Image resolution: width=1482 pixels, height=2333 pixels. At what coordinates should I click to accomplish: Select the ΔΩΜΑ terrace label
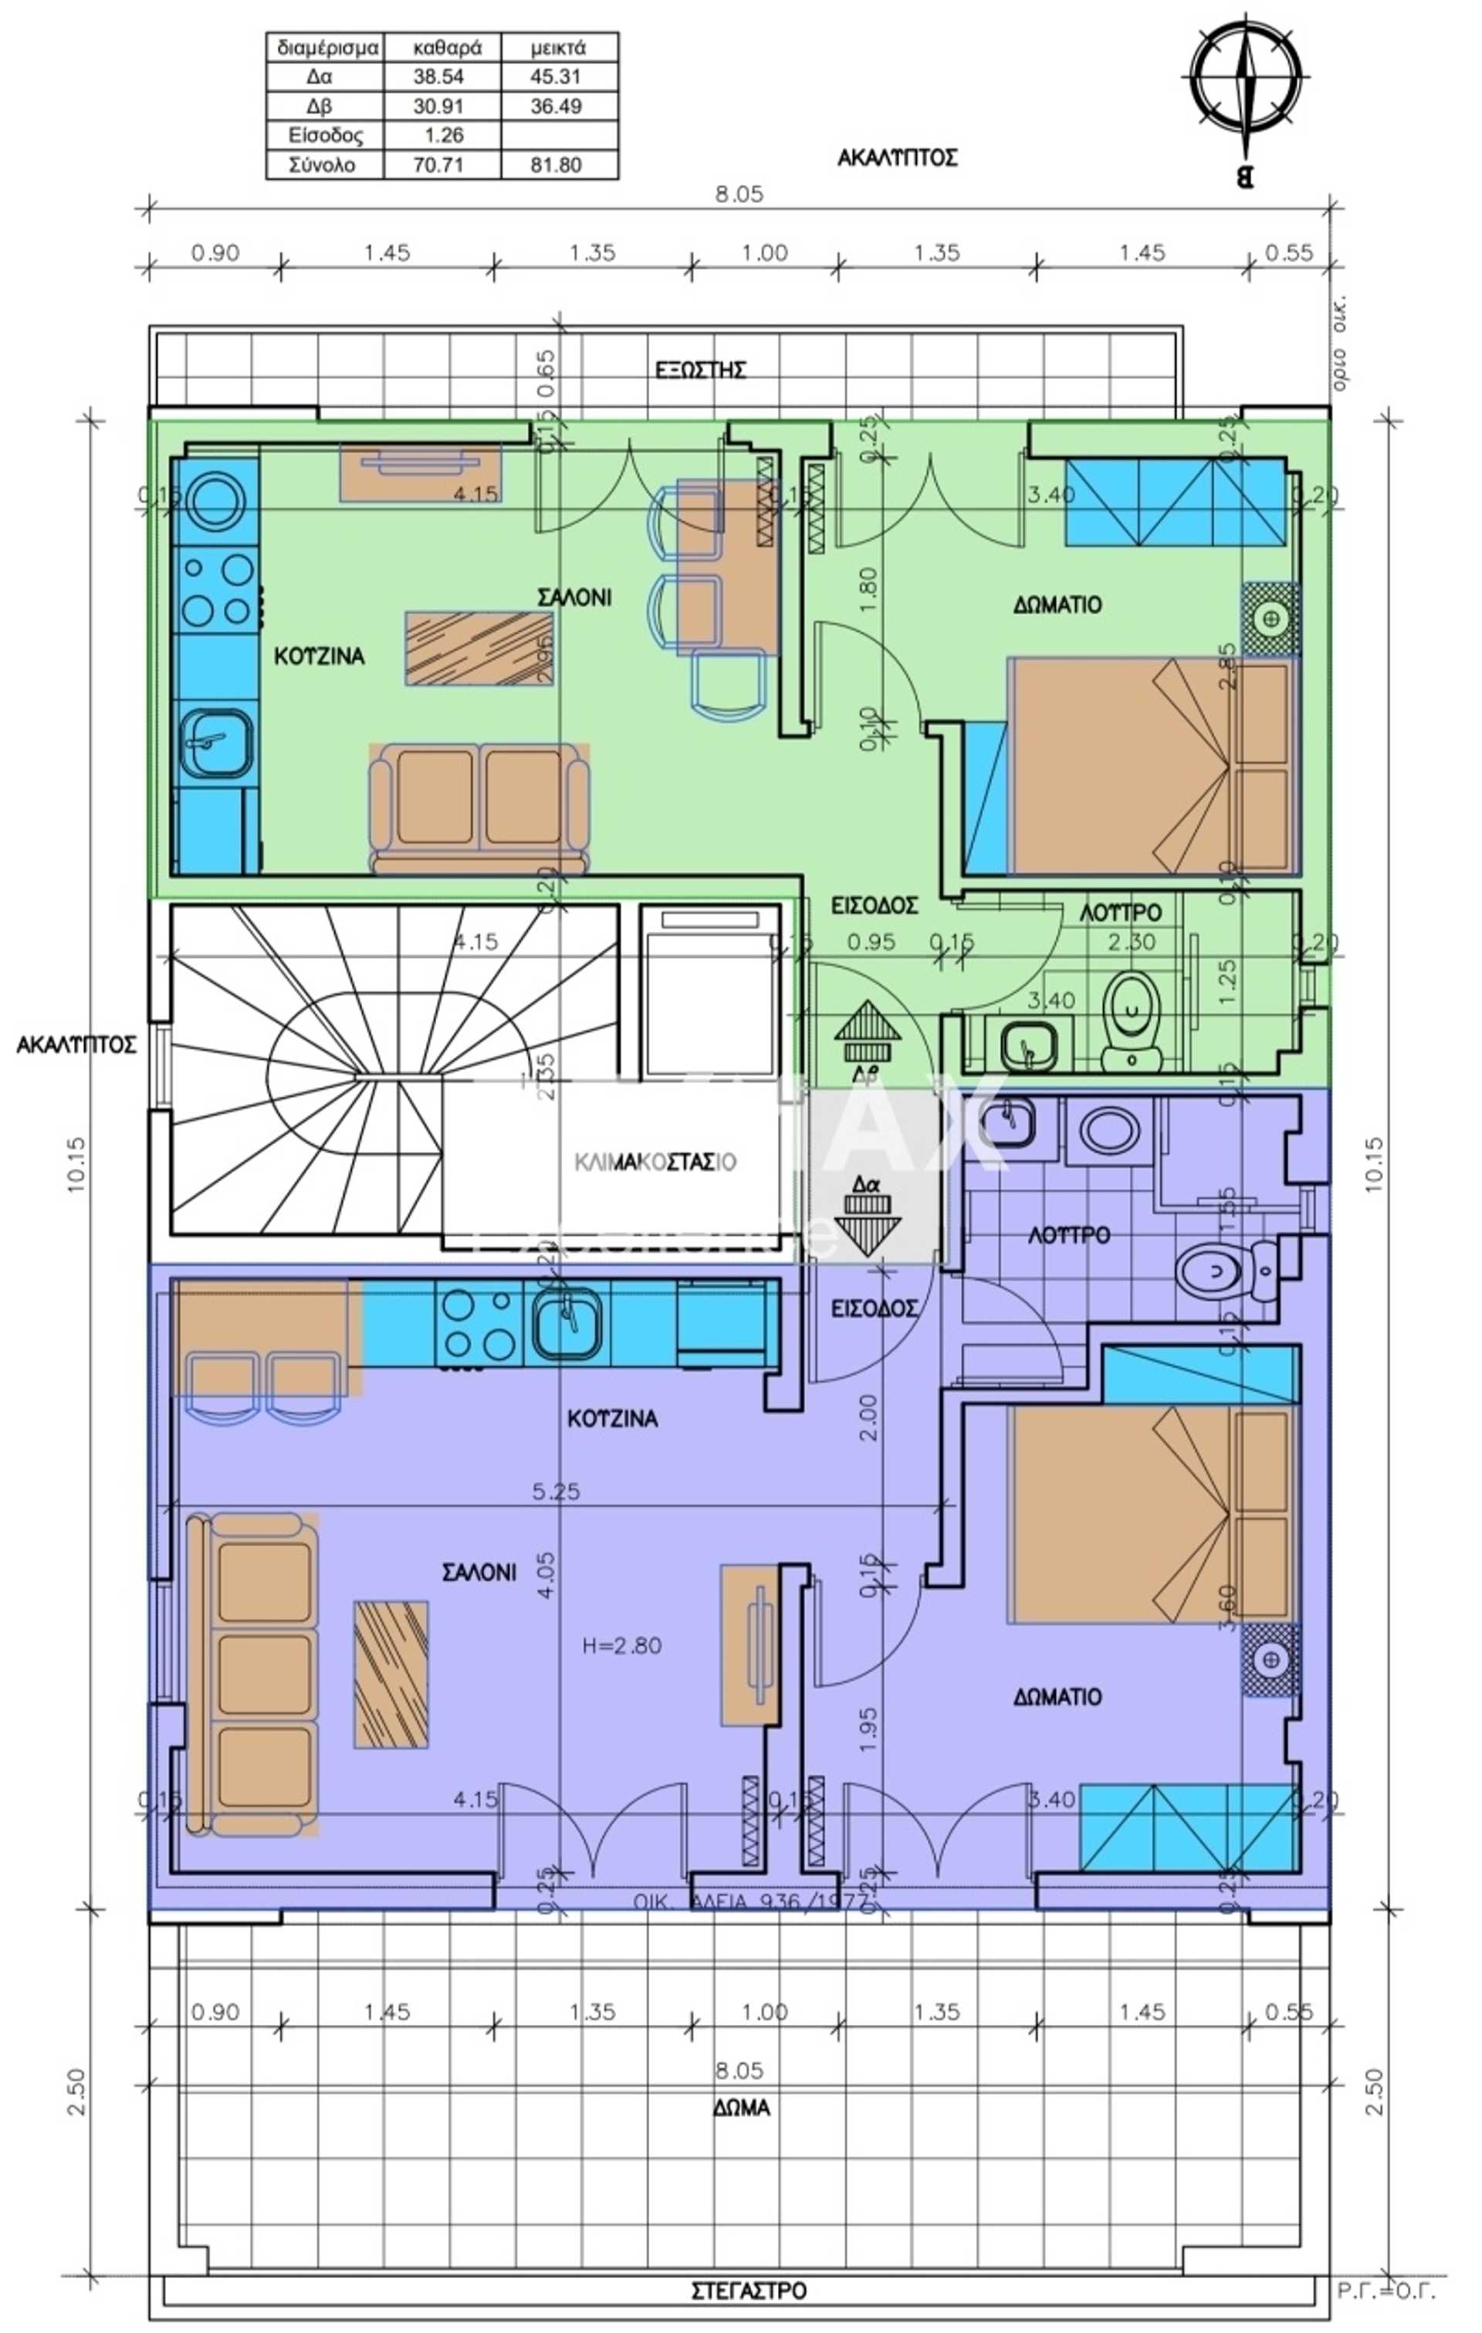(x=743, y=2108)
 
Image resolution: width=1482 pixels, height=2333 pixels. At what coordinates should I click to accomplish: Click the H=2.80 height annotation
(x=622, y=1645)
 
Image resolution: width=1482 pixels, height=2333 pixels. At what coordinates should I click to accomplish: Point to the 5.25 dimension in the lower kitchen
(x=556, y=1491)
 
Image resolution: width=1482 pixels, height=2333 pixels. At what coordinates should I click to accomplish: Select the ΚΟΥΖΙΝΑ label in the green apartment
(x=319, y=656)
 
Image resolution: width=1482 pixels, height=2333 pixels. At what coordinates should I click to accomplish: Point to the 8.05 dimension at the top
(x=739, y=194)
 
